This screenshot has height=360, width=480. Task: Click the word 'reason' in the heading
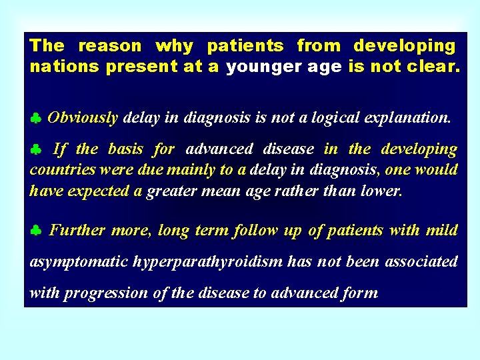point(110,46)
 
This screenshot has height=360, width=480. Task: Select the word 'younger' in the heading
point(255,67)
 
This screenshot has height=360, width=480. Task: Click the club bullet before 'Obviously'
point(36,119)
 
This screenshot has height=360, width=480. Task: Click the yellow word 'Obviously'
point(83,118)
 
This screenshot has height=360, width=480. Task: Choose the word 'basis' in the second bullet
point(125,149)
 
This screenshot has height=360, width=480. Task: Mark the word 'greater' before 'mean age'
point(171,191)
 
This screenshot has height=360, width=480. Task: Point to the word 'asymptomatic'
point(79,262)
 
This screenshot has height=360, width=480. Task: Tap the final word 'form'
point(360,293)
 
